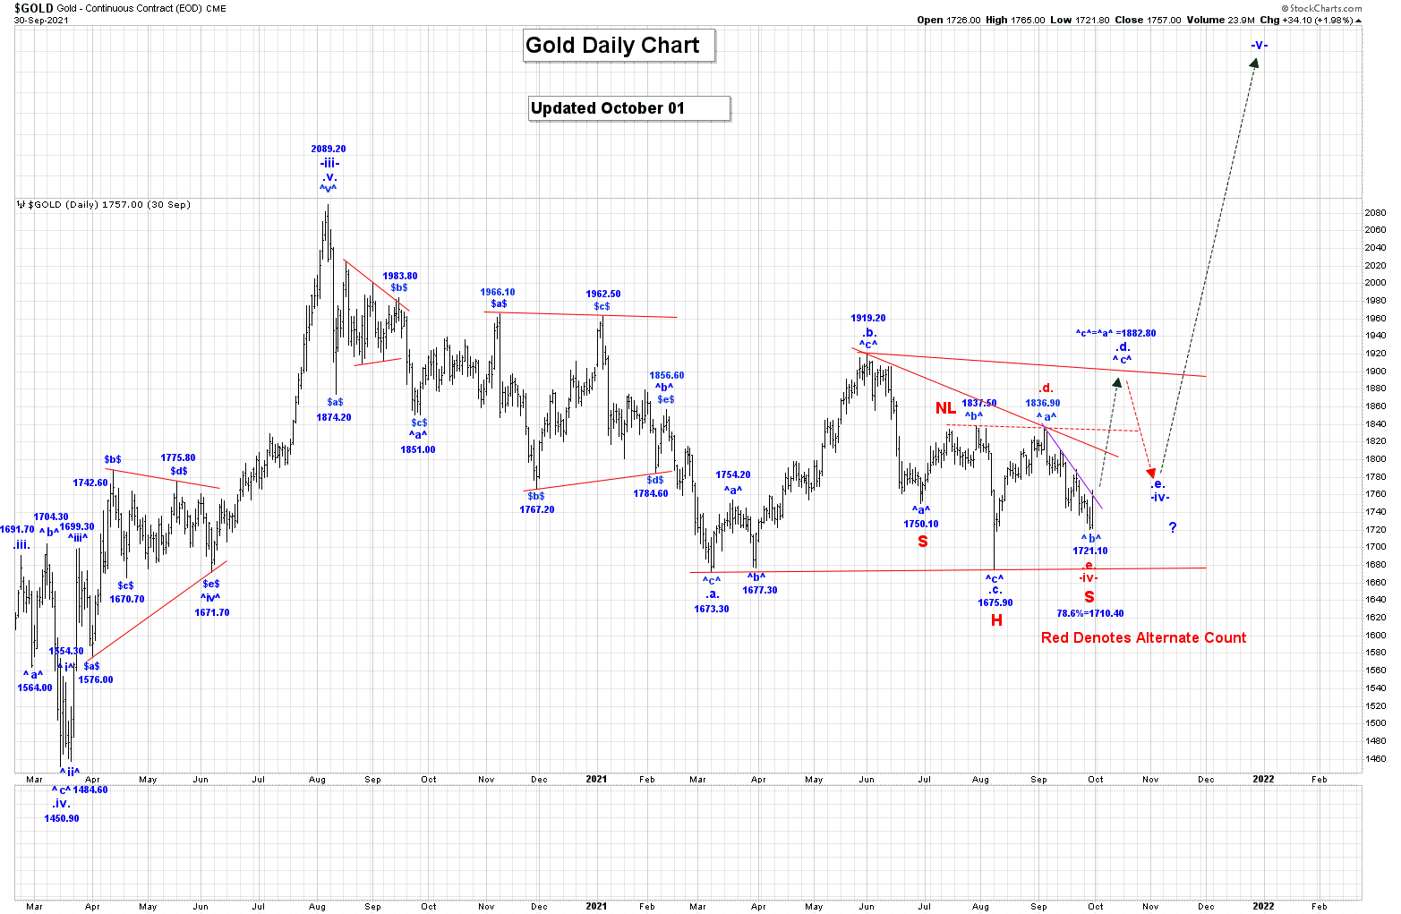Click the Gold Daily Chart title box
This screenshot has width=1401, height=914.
tap(619, 46)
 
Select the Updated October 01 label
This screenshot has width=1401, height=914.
tap(629, 108)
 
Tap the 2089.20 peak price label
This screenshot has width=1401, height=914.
tap(329, 149)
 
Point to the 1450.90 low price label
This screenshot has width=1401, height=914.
tap(62, 818)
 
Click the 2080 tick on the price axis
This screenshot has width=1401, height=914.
tap(1375, 213)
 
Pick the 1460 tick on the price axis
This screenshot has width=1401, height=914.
tap(1375, 759)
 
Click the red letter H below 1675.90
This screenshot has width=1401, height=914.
tap(996, 619)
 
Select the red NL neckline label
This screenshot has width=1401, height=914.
tap(945, 408)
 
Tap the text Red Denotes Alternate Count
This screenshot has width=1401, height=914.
tap(1143, 637)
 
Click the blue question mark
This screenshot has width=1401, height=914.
tap(1173, 527)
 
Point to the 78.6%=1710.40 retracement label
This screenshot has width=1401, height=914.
tap(1089, 613)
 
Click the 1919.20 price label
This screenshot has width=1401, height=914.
tap(868, 318)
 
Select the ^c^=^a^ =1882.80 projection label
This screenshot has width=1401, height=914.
tap(1115, 333)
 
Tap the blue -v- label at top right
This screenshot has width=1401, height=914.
tap(1260, 45)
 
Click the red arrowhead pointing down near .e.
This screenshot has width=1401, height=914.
tap(1151, 472)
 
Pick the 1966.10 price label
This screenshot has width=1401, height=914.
tap(498, 292)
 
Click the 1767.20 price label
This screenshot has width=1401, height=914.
tap(537, 509)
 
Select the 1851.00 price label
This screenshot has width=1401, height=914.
tap(418, 449)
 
